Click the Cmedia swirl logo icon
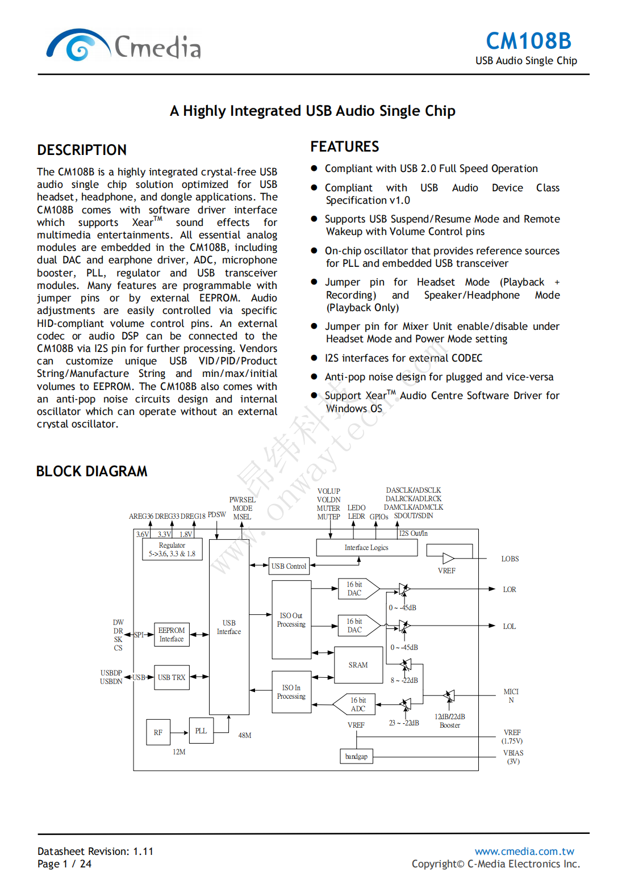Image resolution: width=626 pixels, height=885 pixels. (78, 45)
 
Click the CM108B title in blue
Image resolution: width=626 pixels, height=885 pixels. (528, 41)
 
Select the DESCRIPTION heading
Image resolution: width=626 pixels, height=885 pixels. (82, 150)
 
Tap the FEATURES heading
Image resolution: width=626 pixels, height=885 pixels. (344, 146)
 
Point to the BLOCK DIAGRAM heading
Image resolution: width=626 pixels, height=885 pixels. (91, 471)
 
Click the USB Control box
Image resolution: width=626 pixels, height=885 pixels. (289, 566)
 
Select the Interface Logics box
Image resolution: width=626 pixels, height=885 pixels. (366, 547)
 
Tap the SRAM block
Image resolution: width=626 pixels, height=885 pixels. (358, 665)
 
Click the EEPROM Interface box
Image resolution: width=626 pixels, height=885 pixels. (172, 635)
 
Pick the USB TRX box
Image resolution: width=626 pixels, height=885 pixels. (172, 677)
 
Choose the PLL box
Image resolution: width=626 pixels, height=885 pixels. (201, 731)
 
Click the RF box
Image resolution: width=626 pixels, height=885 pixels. (158, 732)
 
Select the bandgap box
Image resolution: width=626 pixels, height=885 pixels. (356, 756)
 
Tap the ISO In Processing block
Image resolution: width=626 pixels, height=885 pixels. (291, 692)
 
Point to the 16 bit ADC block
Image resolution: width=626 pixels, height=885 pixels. (358, 704)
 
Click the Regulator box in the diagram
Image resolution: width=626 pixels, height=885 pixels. (172, 549)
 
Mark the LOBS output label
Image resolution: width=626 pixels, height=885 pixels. (510, 559)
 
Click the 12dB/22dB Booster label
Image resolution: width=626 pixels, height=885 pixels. (450, 721)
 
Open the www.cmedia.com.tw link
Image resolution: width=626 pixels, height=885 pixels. (524, 851)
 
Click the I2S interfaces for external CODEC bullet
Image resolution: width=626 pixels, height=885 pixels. (403, 358)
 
